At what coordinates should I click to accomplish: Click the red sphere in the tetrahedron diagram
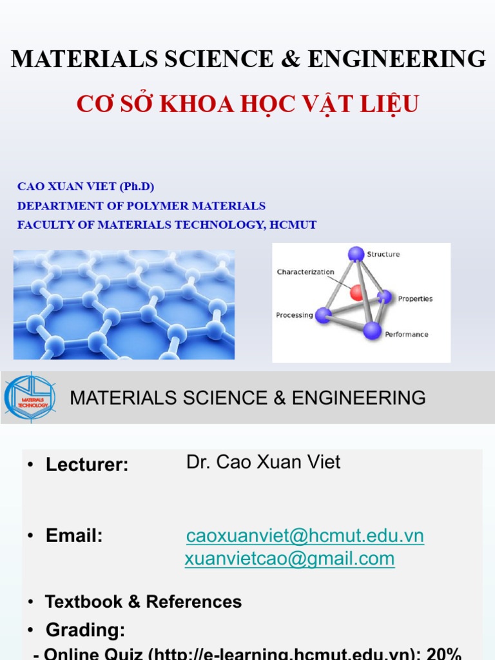pos(356,293)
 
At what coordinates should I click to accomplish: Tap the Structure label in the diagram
pos(383,255)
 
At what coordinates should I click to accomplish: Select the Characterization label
pos(306,272)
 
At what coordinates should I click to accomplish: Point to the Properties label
pos(415,299)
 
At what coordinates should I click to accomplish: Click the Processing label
pos(294,315)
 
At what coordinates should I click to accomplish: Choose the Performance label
pos(406,335)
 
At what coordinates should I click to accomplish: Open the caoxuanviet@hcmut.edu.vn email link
pos(305,536)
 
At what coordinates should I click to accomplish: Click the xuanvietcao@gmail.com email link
pos(289,559)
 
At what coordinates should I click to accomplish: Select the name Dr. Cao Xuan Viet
pos(263,462)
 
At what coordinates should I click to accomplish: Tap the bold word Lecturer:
pos(87,465)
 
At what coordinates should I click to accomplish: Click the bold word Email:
pos(74,536)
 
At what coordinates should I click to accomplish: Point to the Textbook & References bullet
pos(143,602)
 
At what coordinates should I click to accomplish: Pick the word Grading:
pos(85,630)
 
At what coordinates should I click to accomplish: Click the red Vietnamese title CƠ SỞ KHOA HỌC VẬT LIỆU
pos(247,103)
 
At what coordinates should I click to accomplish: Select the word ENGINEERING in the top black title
pos(396,59)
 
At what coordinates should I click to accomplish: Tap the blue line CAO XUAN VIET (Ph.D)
pos(86,187)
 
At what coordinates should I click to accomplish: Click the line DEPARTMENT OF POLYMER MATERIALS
pos(141,206)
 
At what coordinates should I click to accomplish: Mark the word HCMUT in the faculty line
pos(294,225)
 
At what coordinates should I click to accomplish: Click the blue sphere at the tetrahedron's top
pos(356,254)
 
